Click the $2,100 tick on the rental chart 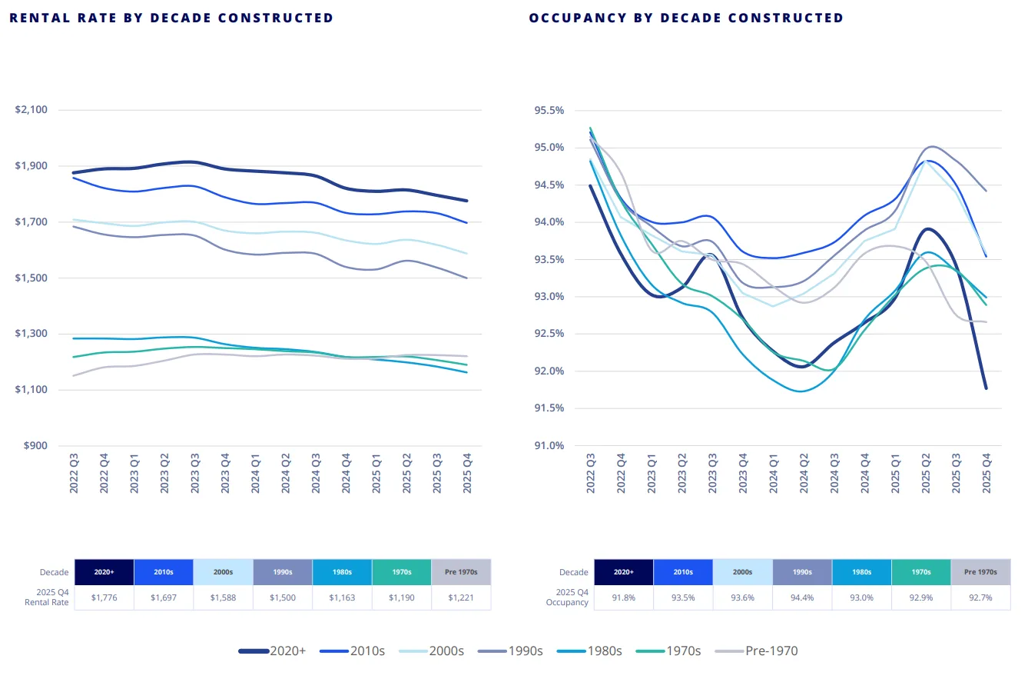point(32,110)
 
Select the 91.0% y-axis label point(549,446)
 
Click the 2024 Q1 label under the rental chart point(256,472)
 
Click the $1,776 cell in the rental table point(104,597)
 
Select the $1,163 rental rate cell point(342,597)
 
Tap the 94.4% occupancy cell point(802,597)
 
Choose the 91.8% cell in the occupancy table point(623,597)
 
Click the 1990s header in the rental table point(282,572)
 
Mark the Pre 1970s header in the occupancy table point(981,572)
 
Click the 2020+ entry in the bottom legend point(273,651)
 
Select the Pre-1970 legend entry point(757,651)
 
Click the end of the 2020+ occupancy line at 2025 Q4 point(986,388)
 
